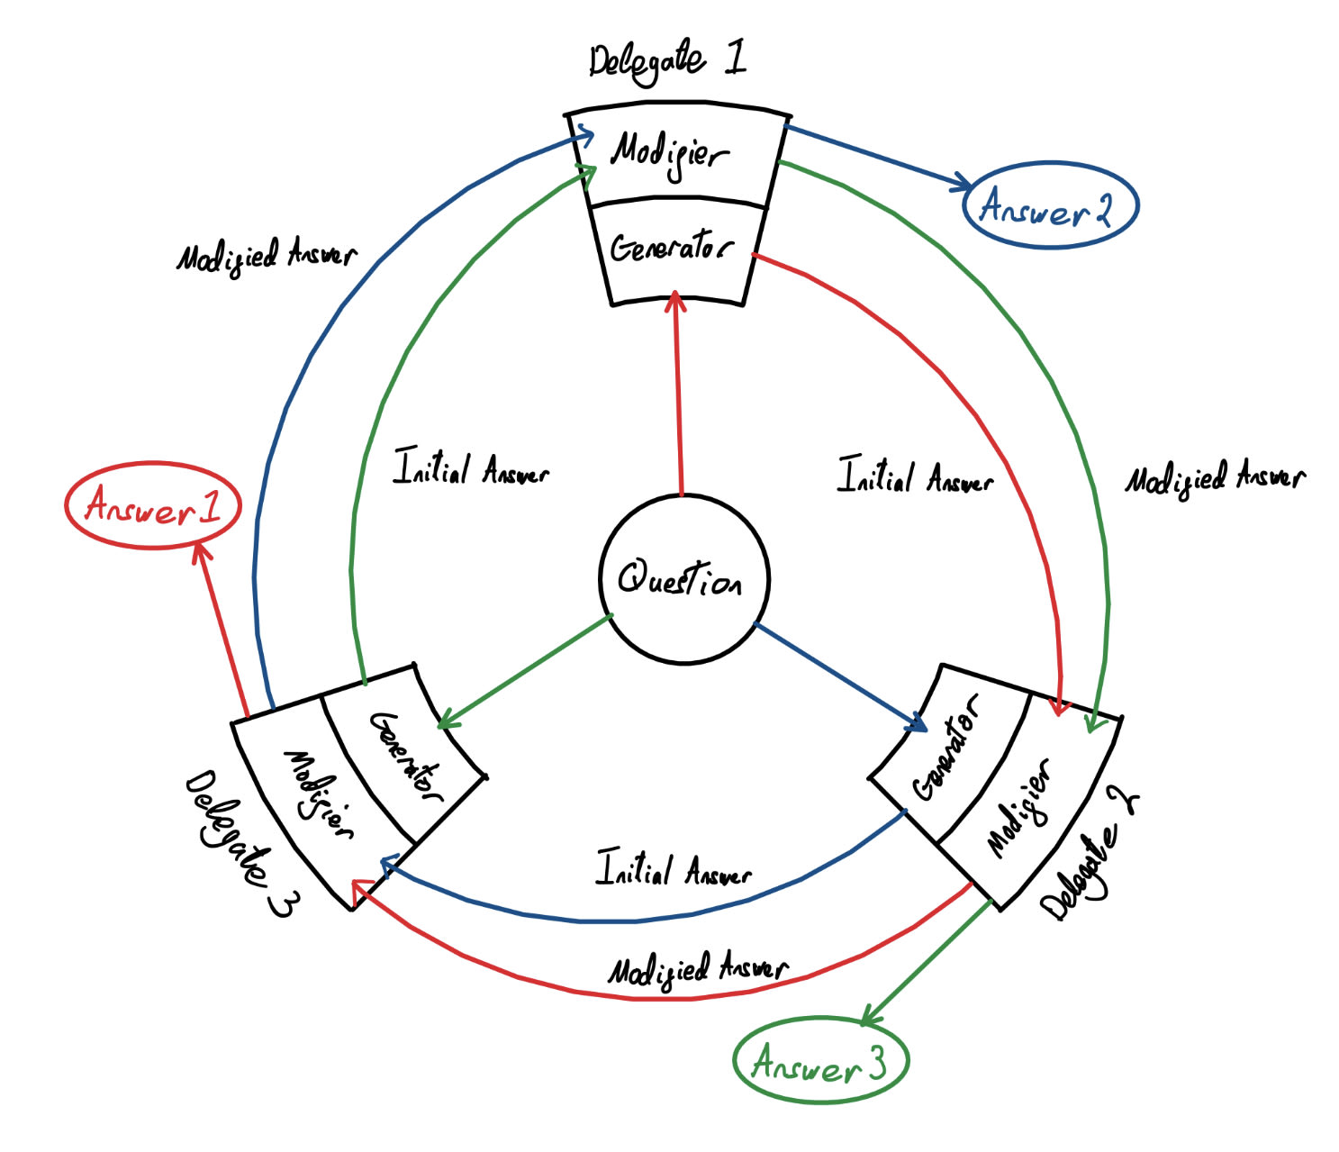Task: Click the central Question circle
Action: [x=683, y=579]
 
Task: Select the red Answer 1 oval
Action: [x=153, y=505]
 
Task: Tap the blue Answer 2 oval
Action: [x=1049, y=204]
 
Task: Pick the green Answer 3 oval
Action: [x=820, y=1060]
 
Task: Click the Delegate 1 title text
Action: [x=667, y=62]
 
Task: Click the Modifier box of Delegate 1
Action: [x=673, y=155]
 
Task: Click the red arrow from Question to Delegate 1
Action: [x=679, y=396]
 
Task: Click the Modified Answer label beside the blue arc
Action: [x=266, y=257]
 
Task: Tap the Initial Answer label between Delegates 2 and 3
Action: [x=673, y=870]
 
